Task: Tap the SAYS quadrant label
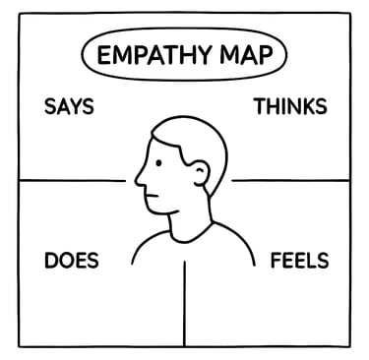pos(69,106)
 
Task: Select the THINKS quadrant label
pos(290,106)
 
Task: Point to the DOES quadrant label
pos(71,262)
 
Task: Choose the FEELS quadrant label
pos(299,262)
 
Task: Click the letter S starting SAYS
pos(49,106)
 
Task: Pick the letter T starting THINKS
pos(260,106)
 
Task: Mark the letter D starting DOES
pos(51,262)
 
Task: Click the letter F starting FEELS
pos(277,262)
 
